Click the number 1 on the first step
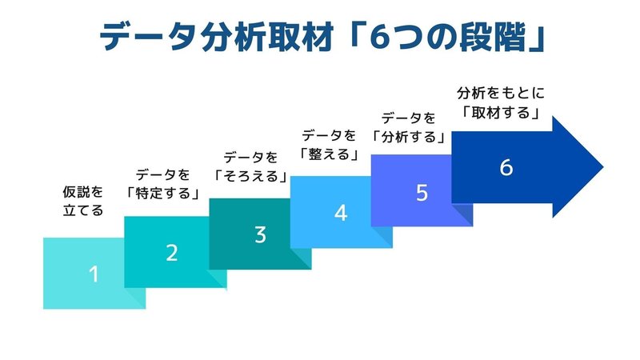[x=94, y=274]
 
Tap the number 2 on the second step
[x=172, y=253]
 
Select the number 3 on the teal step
[x=261, y=234]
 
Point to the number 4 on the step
[x=341, y=213]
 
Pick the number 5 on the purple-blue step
[x=422, y=193]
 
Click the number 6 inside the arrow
[x=506, y=167]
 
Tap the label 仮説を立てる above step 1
[x=83, y=201]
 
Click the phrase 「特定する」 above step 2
[x=162, y=193]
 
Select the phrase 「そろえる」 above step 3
[x=250, y=176]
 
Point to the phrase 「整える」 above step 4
[x=329, y=154]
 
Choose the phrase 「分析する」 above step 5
[x=409, y=137]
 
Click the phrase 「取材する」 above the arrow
[x=501, y=112]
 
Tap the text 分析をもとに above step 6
[x=501, y=93]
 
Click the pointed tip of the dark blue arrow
[x=603, y=167]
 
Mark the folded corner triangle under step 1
[x=134, y=298]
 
